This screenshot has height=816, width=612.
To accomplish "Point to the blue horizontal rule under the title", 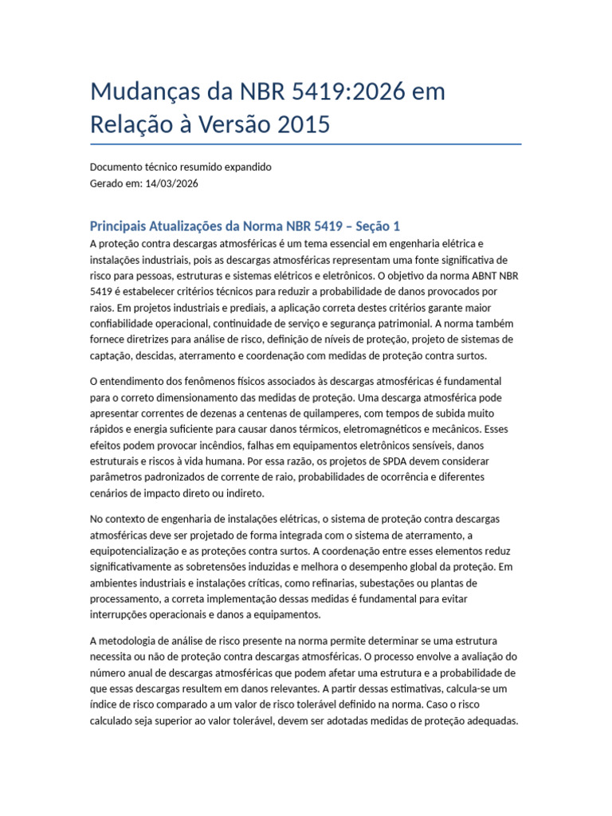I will (306, 144).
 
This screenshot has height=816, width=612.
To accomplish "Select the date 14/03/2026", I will (172, 183).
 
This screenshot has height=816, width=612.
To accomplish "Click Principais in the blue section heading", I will (127, 226).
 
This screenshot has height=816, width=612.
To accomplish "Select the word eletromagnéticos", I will (389, 430).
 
